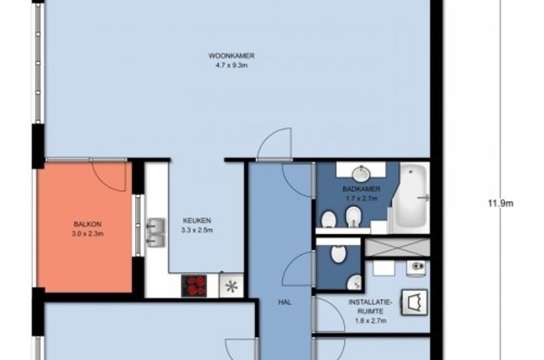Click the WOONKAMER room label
pyautogui.click(x=231, y=55)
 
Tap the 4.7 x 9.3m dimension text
pyautogui.click(x=231, y=65)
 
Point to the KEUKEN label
pyautogui.click(x=197, y=221)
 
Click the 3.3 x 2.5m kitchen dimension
pyautogui.click(x=197, y=230)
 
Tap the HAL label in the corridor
pyautogui.click(x=285, y=302)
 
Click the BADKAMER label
pyautogui.click(x=361, y=189)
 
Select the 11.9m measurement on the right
pyautogui.click(x=500, y=203)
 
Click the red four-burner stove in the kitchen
pyautogui.click(x=195, y=285)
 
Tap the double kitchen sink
pyautogui.click(x=156, y=232)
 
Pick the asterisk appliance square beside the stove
pyautogui.click(x=231, y=286)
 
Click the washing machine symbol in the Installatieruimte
pyautogui.click(x=414, y=302)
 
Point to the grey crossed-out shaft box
pyautogui.click(x=397, y=247)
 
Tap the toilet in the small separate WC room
pyautogui.click(x=338, y=252)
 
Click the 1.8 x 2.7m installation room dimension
pyautogui.click(x=371, y=321)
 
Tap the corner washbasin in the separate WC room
pyautogui.click(x=354, y=282)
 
